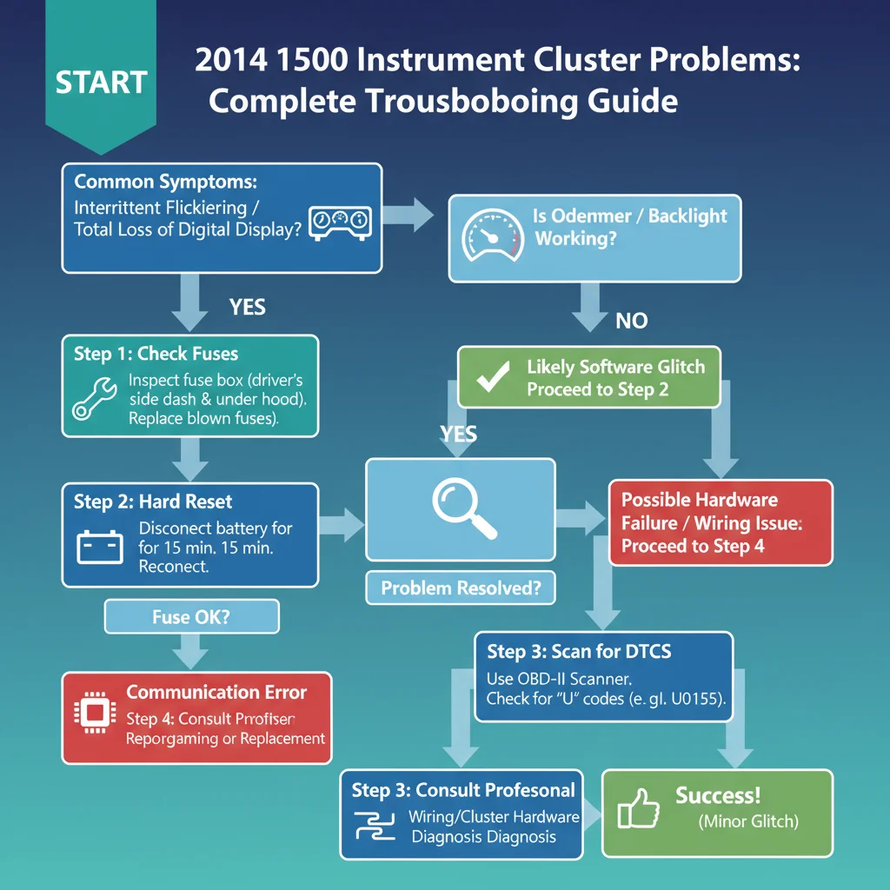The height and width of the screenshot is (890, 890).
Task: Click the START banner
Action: [101, 74]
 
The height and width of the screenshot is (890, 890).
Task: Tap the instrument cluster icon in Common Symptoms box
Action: [340, 223]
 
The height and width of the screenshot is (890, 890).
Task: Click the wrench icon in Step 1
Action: [94, 399]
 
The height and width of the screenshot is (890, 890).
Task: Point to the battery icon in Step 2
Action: [100, 547]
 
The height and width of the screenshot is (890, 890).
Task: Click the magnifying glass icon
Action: [464, 508]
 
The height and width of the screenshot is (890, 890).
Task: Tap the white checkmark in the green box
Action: [493, 376]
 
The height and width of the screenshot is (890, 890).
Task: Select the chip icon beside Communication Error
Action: [95, 713]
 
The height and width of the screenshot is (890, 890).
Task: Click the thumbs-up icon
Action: [639, 808]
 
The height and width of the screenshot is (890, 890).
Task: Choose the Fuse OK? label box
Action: [192, 616]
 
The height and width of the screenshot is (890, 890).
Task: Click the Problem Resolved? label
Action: [461, 588]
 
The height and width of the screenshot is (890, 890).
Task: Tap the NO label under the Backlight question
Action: [632, 321]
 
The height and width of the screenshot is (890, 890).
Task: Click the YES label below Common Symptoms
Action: [248, 307]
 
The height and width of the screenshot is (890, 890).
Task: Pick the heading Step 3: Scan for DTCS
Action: [579, 651]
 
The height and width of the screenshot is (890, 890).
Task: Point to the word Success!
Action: [718, 795]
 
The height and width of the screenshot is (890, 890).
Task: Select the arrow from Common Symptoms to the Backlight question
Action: [408, 216]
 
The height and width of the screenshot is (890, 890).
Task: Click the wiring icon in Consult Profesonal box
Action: [375, 826]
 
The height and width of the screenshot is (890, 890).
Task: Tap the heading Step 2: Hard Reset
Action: [153, 501]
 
